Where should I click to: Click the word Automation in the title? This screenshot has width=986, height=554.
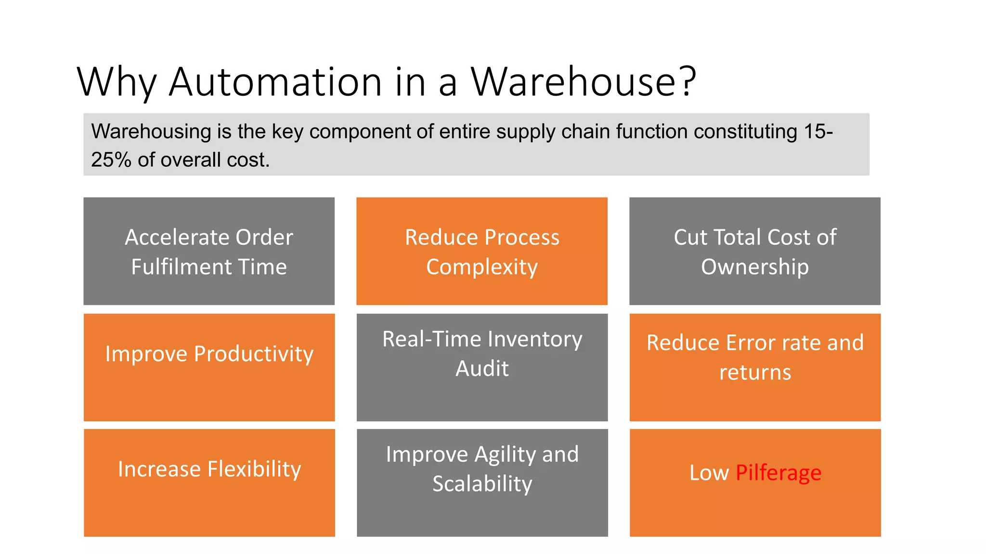[x=275, y=82]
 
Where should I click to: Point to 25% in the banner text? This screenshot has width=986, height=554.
[x=111, y=160]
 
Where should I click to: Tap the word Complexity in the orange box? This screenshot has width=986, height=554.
[x=481, y=267]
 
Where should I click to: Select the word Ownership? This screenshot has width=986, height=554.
[x=754, y=267]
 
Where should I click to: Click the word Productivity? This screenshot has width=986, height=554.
[x=254, y=354]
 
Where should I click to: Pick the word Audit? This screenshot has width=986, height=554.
[x=482, y=369]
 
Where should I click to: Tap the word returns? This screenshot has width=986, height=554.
[x=755, y=373]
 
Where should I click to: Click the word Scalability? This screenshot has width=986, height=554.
[x=482, y=484]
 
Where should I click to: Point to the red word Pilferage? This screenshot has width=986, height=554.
[x=778, y=473]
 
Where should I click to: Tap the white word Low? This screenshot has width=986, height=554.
[x=709, y=473]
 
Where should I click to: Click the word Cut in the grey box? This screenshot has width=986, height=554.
[x=690, y=238]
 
